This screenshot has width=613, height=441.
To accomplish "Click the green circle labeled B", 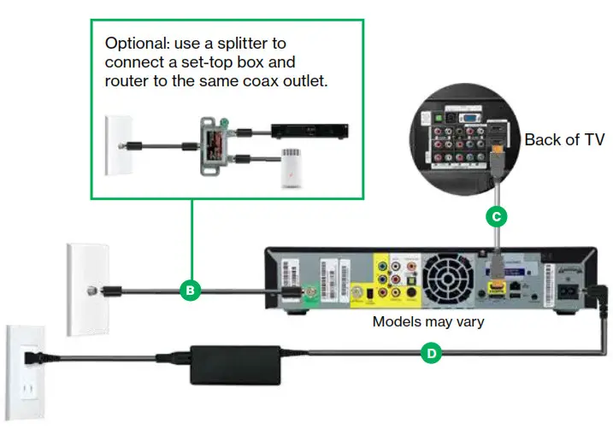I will pyautogui.click(x=191, y=291).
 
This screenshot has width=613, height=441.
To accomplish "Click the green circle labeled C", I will pyautogui.click(x=496, y=216).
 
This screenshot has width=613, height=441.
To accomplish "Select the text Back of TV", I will pyautogui.click(x=564, y=139).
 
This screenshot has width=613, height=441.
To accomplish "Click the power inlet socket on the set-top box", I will pyautogui.click(x=567, y=288).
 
